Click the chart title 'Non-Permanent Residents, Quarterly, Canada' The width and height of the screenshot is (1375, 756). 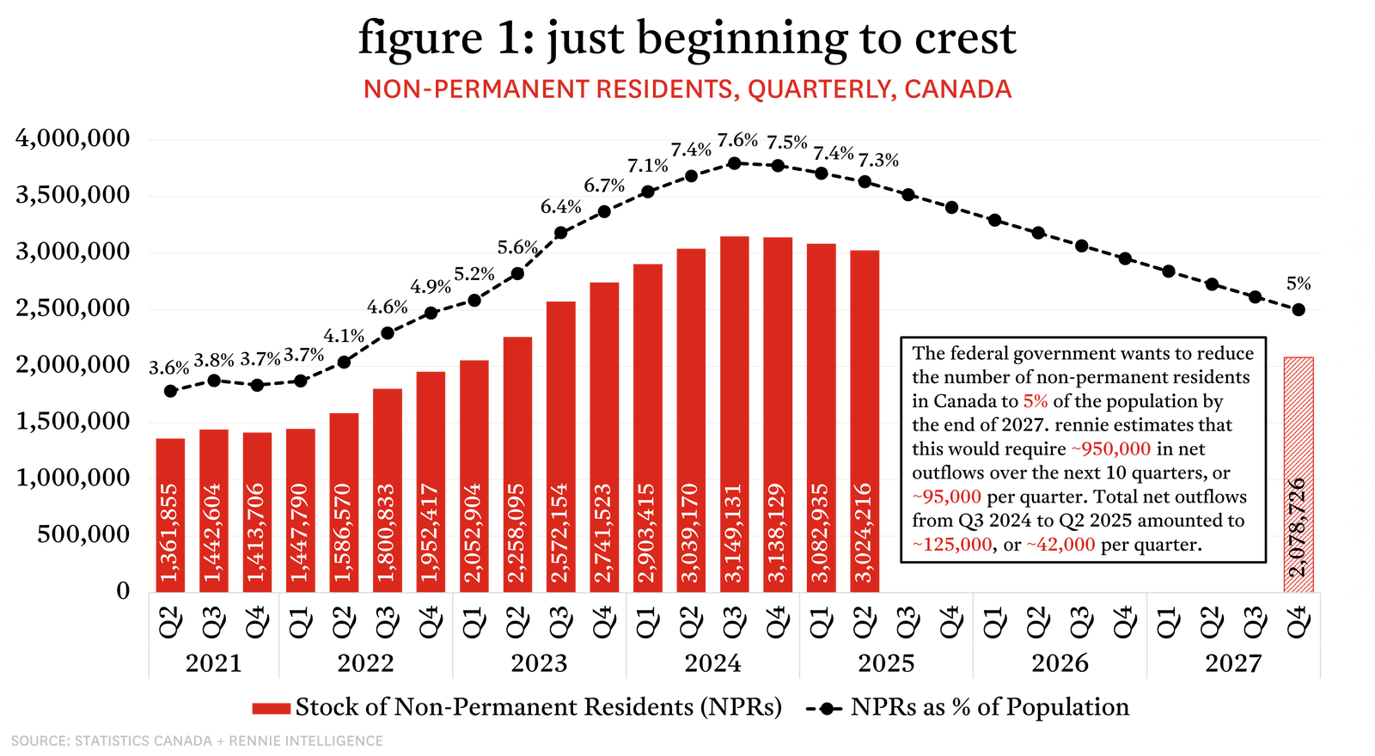687,89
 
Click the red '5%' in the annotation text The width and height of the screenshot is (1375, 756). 1035,401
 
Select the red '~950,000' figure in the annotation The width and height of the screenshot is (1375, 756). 1110,449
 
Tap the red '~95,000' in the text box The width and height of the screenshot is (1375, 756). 946,497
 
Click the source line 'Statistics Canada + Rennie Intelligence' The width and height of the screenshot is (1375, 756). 197,741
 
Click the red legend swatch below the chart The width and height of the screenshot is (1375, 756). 272,708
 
